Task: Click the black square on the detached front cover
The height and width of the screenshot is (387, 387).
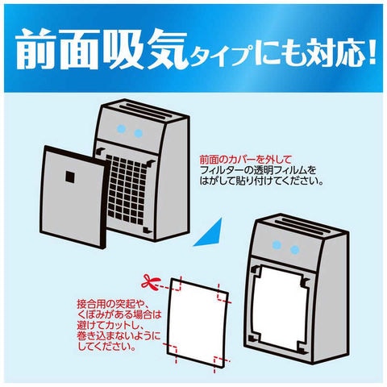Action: [71, 177]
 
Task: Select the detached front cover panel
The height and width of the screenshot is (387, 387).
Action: [73, 197]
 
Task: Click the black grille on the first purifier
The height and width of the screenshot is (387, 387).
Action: [127, 190]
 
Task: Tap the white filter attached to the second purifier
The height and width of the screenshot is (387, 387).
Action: [280, 309]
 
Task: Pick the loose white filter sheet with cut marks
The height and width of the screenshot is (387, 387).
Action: [198, 322]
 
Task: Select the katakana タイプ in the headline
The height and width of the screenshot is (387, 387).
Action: [220, 55]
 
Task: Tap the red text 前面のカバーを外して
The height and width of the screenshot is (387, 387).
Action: [245, 160]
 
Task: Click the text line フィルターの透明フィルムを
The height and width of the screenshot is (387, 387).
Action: [258, 171]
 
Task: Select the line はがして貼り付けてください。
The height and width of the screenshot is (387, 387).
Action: [261, 181]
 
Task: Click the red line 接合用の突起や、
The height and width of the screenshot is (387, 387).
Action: [113, 305]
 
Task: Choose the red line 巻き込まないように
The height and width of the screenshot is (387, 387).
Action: [119, 336]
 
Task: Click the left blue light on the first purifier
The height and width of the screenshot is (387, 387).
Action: [121, 129]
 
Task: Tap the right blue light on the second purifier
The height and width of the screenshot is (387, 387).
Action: [294, 250]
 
